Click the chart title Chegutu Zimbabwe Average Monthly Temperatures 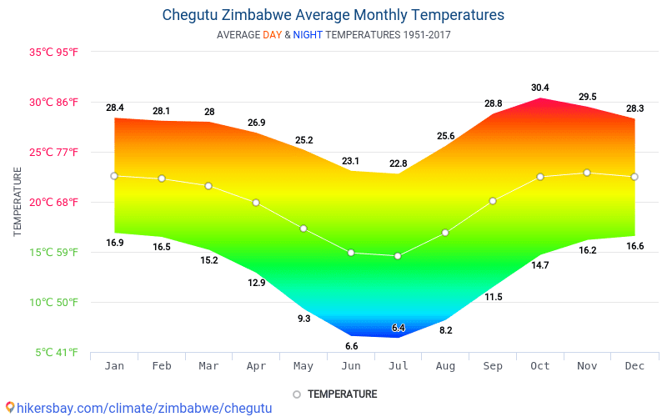[333, 15]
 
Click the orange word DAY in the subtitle [272, 35]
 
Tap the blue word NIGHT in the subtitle [308, 35]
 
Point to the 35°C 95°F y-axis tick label [54, 52]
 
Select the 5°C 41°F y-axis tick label [57, 353]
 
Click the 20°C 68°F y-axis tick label [54, 202]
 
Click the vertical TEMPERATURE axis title [18, 202]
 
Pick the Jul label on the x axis [398, 366]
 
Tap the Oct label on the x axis [539, 366]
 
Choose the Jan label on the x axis [114, 366]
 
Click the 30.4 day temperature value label [540, 88]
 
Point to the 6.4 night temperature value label [398, 328]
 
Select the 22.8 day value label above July [398, 163]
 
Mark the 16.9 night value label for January [115, 243]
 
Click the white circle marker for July [398, 256]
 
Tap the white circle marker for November [587, 173]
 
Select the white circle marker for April [256, 203]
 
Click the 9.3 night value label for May [303, 318]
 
